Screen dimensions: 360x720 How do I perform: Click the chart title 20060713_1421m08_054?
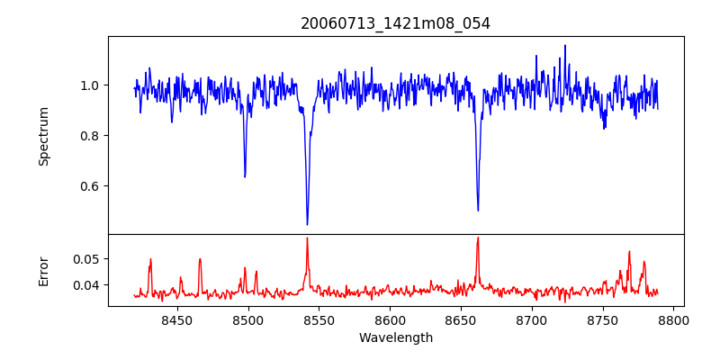tap(395, 23)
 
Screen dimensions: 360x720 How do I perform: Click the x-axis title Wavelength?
tap(395, 337)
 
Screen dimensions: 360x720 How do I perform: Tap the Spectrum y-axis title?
tap(43, 136)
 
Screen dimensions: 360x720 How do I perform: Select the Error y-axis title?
tap(43, 271)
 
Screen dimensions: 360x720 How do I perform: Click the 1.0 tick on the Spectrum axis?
tap(91, 85)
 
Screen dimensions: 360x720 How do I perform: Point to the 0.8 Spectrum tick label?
tap(91, 136)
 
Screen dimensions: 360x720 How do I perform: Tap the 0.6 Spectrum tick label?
tap(91, 186)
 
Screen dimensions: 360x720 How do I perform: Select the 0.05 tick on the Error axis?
tap(87, 259)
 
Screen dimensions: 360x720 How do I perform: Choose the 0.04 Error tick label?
tap(87, 285)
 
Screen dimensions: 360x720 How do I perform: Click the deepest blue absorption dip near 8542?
tap(307, 224)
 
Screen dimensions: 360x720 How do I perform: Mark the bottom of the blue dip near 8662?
tap(478, 211)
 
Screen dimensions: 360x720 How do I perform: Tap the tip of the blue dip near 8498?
tap(245, 176)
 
